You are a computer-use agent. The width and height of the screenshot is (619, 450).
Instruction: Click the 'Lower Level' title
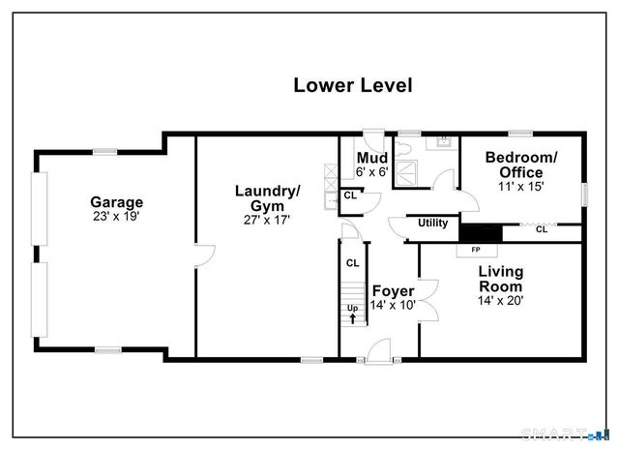352,85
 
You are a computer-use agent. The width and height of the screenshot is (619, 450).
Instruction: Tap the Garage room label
116,202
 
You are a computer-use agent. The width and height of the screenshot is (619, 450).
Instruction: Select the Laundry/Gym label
267,198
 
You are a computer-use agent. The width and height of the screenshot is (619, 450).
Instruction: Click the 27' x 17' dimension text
267,220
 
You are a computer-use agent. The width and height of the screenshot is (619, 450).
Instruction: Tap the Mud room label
372,159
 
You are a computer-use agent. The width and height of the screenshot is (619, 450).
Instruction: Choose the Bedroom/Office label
521,165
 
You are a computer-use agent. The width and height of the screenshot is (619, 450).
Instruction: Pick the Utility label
432,224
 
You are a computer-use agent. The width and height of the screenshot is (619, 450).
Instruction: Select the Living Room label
500,280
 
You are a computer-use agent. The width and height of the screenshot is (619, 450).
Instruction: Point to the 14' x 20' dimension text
500,300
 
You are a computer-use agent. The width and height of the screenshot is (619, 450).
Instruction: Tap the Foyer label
393,291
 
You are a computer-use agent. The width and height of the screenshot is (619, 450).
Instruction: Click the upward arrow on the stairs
352,317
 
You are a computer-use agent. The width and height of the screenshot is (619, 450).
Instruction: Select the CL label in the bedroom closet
541,230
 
